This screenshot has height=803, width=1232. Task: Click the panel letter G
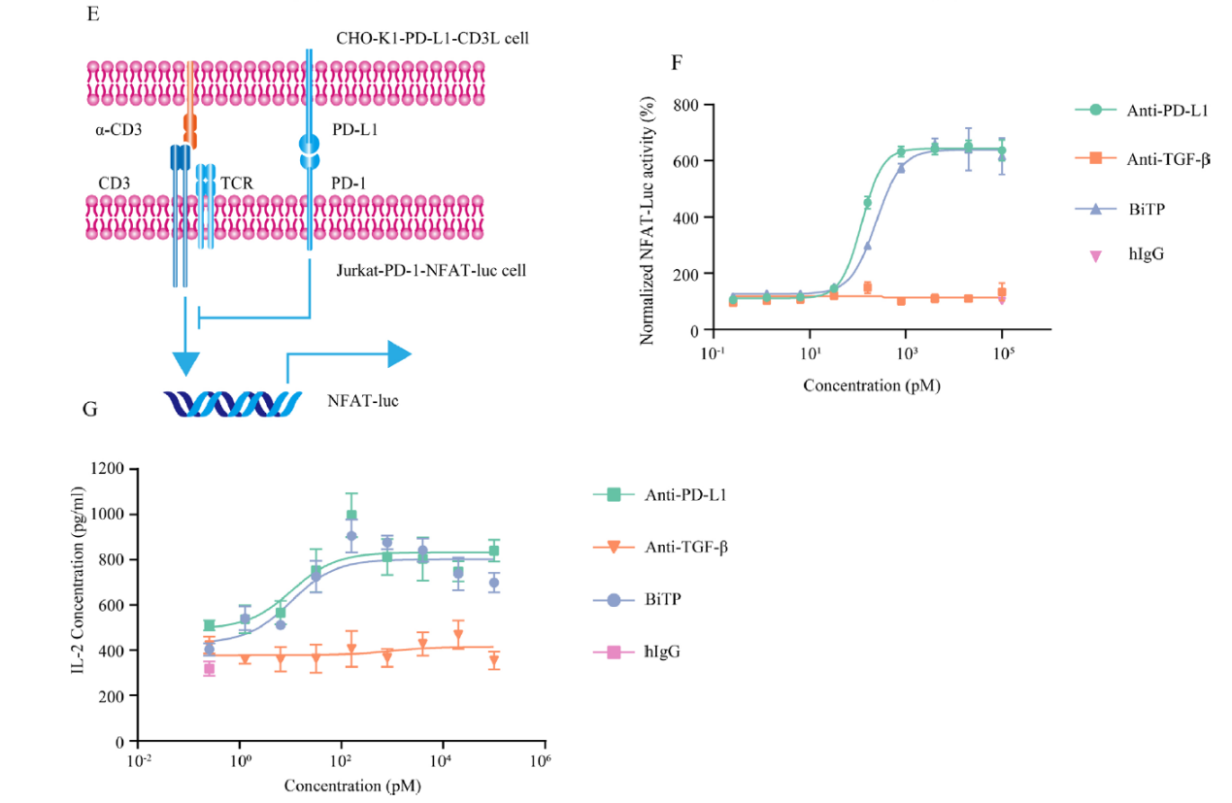89,409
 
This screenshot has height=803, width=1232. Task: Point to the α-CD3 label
118,127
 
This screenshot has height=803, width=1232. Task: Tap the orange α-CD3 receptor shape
189,127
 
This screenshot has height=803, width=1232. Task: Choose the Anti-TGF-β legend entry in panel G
686,547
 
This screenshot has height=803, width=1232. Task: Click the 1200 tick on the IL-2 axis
110,469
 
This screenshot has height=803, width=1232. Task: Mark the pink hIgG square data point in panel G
209,668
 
